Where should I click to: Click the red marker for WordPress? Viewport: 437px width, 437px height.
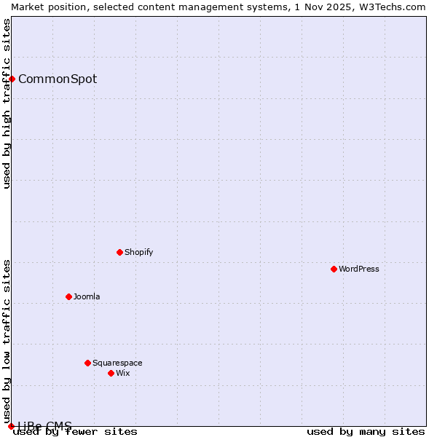click(x=334, y=269)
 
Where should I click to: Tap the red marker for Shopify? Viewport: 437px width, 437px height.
click(x=119, y=252)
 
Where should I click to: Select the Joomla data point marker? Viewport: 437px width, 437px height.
click(x=68, y=296)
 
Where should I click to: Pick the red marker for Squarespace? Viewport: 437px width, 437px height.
click(x=87, y=363)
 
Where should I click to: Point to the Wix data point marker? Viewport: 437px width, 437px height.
click(x=111, y=373)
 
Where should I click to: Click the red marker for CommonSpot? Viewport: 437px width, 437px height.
click(x=12, y=79)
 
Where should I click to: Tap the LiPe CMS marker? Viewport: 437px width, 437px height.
click(x=11, y=426)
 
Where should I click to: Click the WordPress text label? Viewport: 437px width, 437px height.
click(x=359, y=269)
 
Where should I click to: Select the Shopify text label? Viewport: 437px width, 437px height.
click(x=138, y=252)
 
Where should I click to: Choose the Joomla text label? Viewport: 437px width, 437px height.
click(x=87, y=296)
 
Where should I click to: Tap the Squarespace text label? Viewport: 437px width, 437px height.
click(x=117, y=363)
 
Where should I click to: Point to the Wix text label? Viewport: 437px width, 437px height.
click(x=122, y=373)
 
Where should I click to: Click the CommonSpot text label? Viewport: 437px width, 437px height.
click(x=58, y=79)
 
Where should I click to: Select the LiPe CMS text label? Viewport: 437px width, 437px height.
click(x=45, y=426)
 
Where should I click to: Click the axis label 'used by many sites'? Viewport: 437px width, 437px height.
click(x=366, y=431)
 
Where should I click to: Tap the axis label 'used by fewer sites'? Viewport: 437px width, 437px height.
click(x=76, y=431)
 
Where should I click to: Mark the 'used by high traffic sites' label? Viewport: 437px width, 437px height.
click(x=7, y=103)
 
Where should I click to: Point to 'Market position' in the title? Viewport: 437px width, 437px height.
click(x=43, y=7)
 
